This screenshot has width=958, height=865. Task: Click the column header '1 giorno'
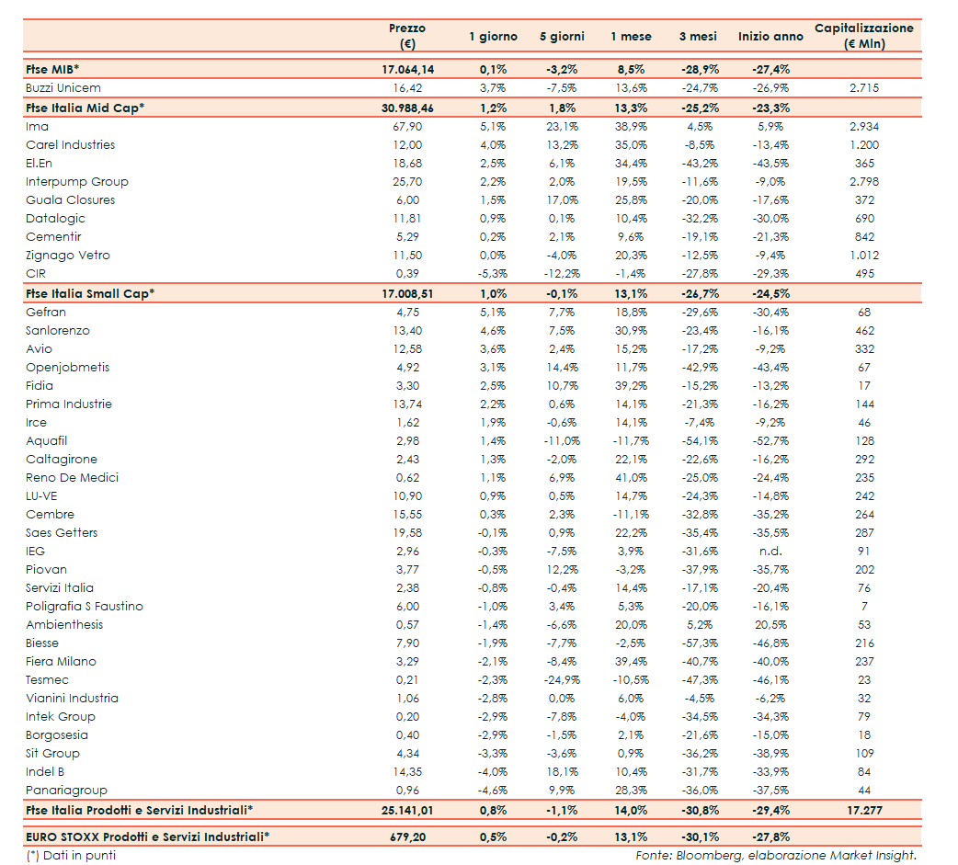click(x=493, y=37)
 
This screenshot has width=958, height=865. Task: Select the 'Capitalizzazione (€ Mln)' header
click(x=863, y=36)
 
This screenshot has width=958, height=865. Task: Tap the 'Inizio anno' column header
click(x=770, y=37)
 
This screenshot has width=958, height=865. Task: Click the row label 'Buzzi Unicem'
click(x=63, y=87)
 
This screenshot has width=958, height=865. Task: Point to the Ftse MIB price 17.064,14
click(x=407, y=69)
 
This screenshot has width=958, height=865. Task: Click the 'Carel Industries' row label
click(x=70, y=144)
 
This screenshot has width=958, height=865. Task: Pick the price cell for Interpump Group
click(x=407, y=181)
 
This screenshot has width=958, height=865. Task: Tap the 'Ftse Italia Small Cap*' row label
click(x=90, y=293)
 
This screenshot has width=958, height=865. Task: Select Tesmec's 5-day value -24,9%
click(x=561, y=679)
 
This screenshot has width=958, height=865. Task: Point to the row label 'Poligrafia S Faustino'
click(x=85, y=606)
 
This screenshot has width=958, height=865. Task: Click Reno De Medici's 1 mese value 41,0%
click(x=631, y=477)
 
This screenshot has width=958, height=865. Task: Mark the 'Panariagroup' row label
click(x=66, y=790)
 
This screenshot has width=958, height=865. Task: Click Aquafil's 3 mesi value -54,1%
click(x=699, y=440)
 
